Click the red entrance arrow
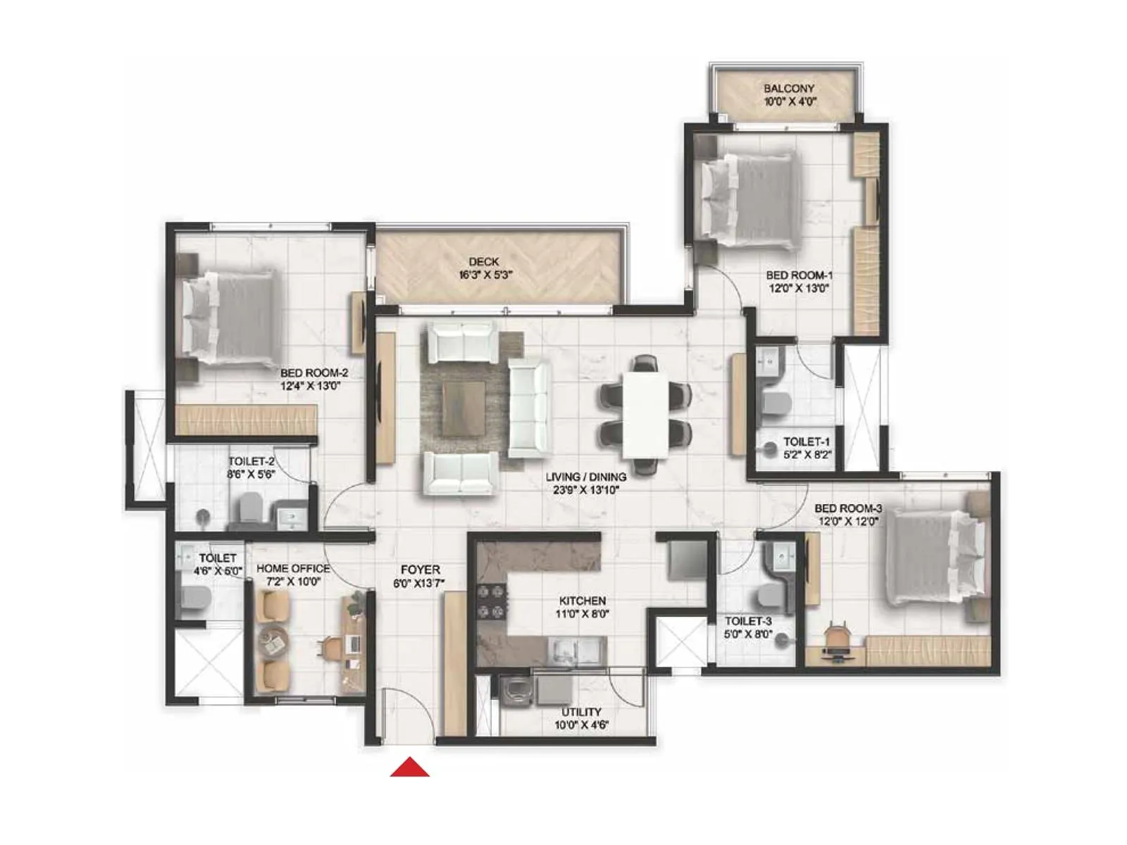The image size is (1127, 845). pyautogui.click(x=410, y=768)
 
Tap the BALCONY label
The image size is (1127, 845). pyautogui.click(x=789, y=89)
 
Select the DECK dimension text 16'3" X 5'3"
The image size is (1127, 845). pyautogui.click(x=485, y=275)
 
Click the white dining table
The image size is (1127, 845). pyautogui.click(x=645, y=414)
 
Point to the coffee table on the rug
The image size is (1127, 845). pyautogui.click(x=463, y=409)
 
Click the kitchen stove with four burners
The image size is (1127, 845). pyautogui.click(x=492, y=602)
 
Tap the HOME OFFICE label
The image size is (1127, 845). pyautogui.click(x=293, y=568)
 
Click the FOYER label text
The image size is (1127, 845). pyautogui.click(x=421, y=570)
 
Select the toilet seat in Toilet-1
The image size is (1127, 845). pyautogui.click(x=777, y=405)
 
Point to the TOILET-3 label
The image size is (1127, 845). pyautogui.click(x=748, y=621)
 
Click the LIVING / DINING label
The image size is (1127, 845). pyautogui.click(x=586, y=477)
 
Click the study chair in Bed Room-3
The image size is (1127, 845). pyautogui.click(x=836, y=637)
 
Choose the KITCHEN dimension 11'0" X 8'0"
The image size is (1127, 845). pyautogui.click(x=583, y=614)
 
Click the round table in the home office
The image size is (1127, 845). pyautogui.click(x=272, y=641)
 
